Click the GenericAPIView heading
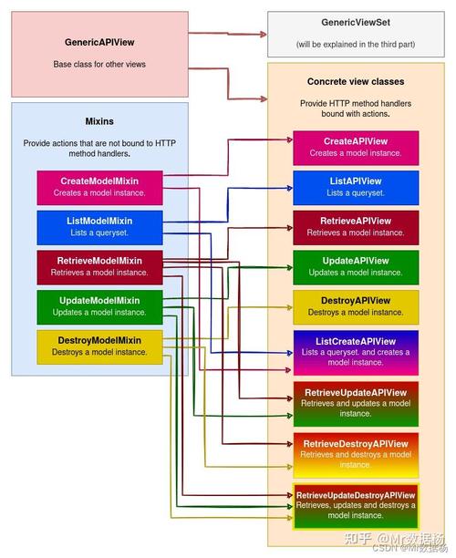click(99, 42)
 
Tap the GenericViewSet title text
click(356, 23)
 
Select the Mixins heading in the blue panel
click(99, 121)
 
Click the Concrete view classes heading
click(356, 81)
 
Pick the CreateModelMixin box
click(99, 188)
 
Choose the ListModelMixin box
click(99, 228)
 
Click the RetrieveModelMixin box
click(99, 268)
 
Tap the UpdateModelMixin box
click(99, 307)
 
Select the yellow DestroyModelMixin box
click(99, 347)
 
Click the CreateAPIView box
click(356, 148)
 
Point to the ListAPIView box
click(356, 188)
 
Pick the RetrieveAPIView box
click(356, 228)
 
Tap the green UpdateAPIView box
click(356, 268)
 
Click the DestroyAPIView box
click(356, 307)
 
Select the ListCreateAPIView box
click(356, 353)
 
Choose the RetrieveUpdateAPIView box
click(356, 404)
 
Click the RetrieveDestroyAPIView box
click(356, 456)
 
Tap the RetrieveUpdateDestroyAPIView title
click(356, 495)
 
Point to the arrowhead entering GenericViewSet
click(264, 34)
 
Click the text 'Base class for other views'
click(99, 65)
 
